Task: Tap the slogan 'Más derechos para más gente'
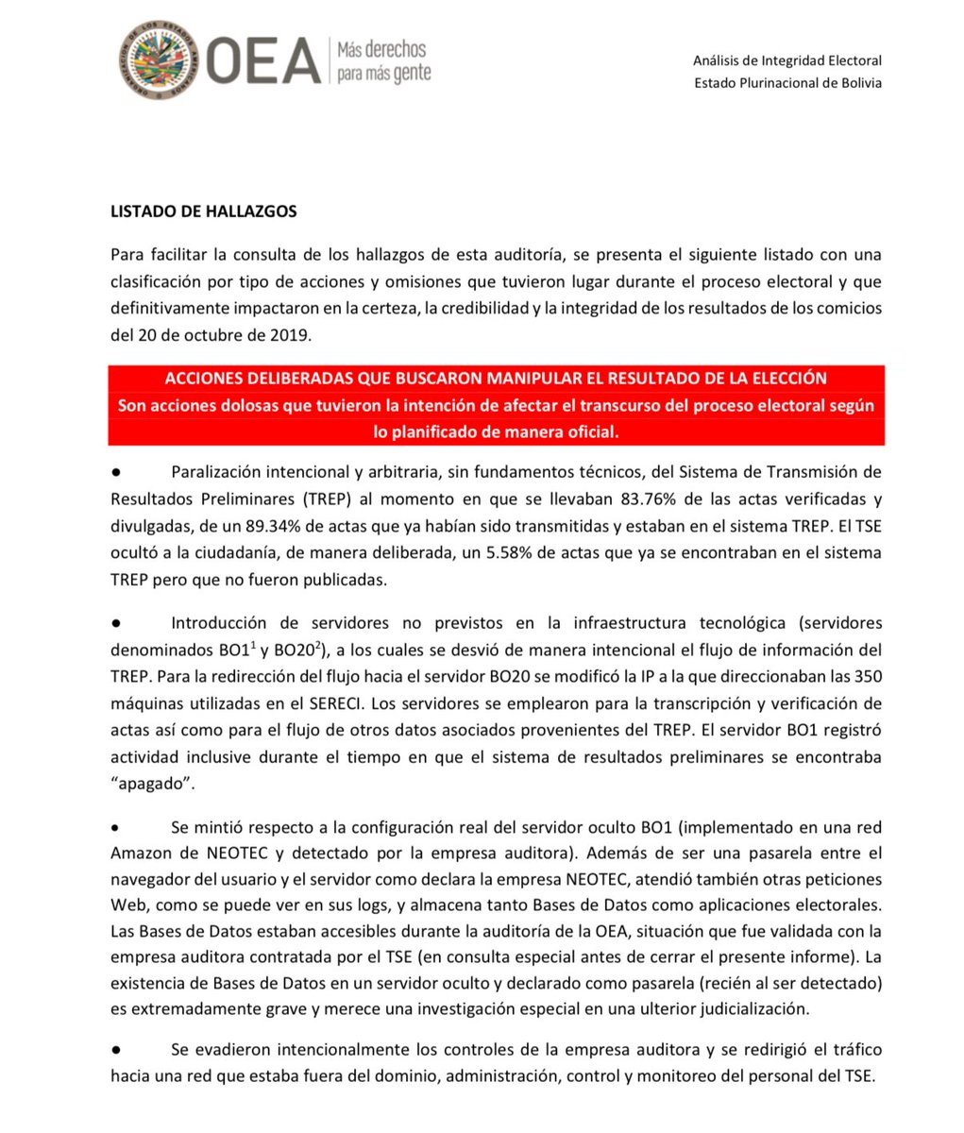[x=381, y=60]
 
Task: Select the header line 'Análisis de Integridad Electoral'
[x=786, y=60]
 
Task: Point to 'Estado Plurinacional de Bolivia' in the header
[x=787, y=82]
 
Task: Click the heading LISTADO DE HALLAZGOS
[x=204, y=211]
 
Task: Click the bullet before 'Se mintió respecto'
[x=115, y=828]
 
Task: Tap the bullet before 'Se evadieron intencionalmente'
[x=115, y=1050]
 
